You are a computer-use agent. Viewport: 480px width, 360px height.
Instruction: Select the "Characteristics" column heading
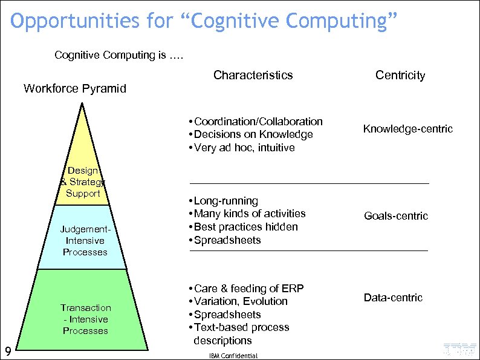pyautogui.click(x=253, y=75)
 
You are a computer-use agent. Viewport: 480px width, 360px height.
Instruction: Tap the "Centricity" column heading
pyautogui.click(x=400, y=75)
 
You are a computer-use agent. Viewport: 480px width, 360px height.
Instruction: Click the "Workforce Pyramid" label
pyautogui.click(x=74, y=89)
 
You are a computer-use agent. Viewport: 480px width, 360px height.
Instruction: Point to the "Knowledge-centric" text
pyautogui.click(x=407, y=129)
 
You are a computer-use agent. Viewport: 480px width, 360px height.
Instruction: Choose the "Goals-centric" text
pyautogui.click(x=395, y=216)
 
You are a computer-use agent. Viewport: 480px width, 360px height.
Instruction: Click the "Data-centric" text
pyautogui.click(x=393, y=298)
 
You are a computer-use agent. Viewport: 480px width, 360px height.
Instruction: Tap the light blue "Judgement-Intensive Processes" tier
pyautogui.click(x=85, y=241)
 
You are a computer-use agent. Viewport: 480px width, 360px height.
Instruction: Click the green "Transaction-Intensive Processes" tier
pyautogui.click(x=85, y=319)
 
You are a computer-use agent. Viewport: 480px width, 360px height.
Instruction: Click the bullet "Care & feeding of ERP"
pyautogui.click(x=248, y=289)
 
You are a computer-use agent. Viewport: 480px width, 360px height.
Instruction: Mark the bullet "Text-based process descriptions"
pyautogui.click(x=241, y=334)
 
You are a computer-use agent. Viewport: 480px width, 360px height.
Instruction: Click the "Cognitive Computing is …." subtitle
pyautogui.click(x=118, y=55)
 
